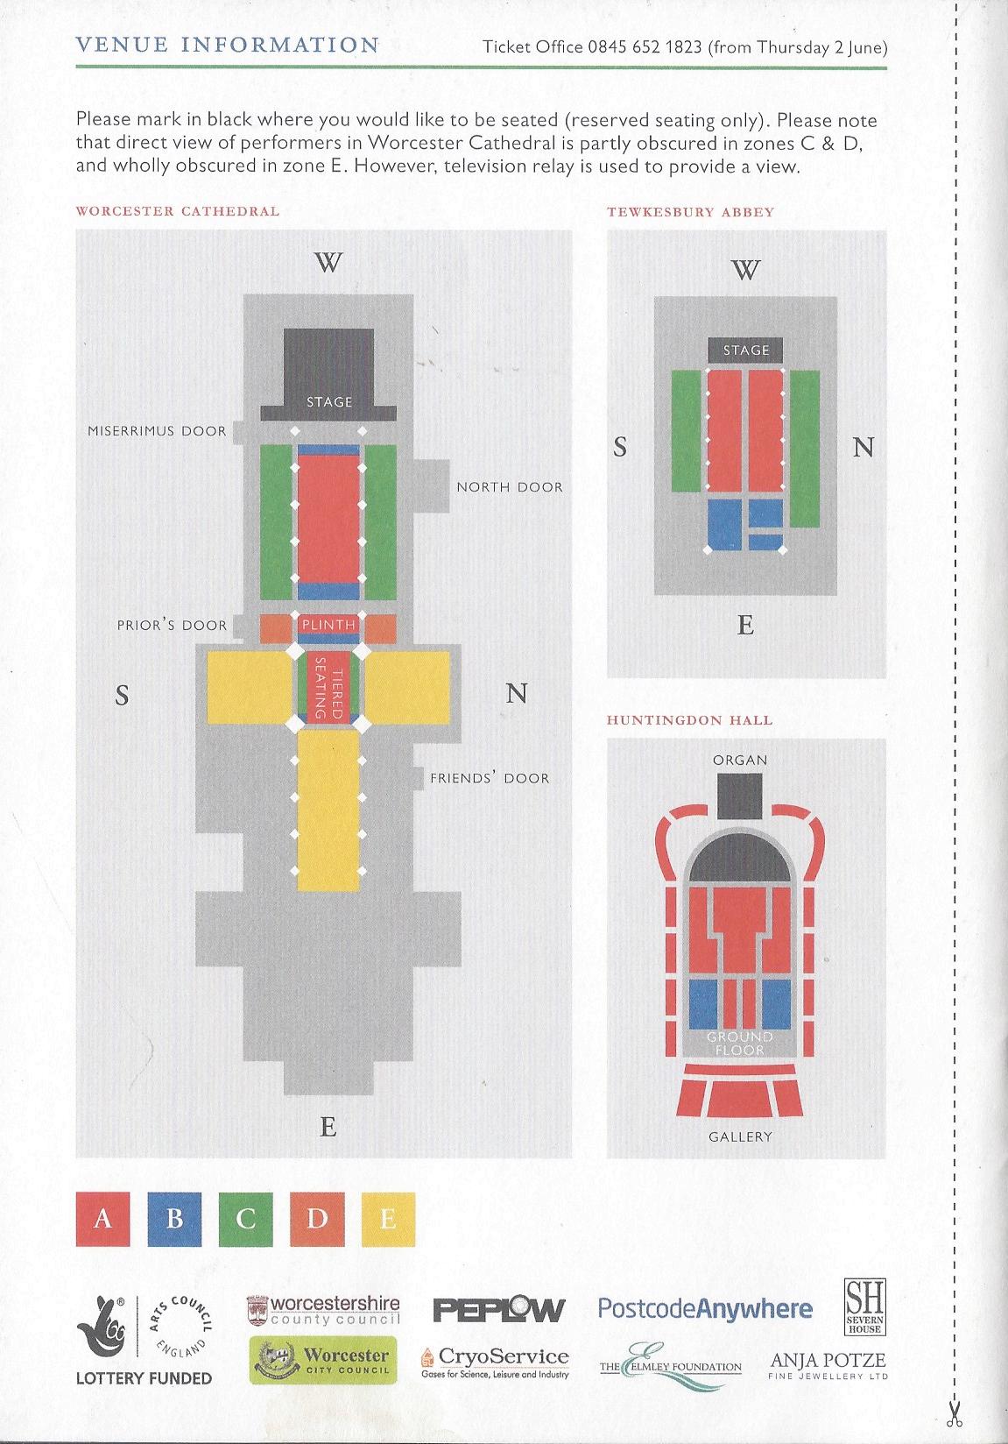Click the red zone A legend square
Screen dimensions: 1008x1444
pyautogui.click(x=102, y=1218)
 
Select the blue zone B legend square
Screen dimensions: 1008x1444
pyautogui.click(x=174, y=1218)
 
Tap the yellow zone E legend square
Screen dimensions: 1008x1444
pyautogui.click(x=388, y=1218)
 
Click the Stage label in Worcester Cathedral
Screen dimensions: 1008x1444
pyautogui.click(x=329, y=402)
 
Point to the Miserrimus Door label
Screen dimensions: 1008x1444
pyautogui.click(x=157, y=431)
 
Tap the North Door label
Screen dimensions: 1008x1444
pyautogui.click(x=510, y=487)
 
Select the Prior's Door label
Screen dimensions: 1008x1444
pyautogui.click(x=172, y=626)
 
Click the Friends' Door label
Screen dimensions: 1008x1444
pyautogui.click(x=490, y=778)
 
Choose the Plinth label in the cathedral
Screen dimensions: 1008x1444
pyautogui.click(x=328, y=625)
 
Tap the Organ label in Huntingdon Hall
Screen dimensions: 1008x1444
pyautogui.click(x=740, y=761)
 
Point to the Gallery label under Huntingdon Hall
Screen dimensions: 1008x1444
pyautogui.click(x=741, y=1136)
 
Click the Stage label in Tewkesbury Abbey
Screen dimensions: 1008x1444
pyautogui.click(x=746, y=350)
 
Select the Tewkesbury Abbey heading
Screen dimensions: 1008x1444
pyautogui.click(x=691, y=212)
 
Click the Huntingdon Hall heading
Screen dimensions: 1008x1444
pyautogui.click(x=690, y=720)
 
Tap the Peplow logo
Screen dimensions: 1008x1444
pyautogui.click(x=499, y=1310)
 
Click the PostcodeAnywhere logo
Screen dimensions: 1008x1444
pyautogui.click(x=705, y=1309)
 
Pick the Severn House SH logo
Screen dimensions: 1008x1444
pyautogui.click(x=864, y=1306)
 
